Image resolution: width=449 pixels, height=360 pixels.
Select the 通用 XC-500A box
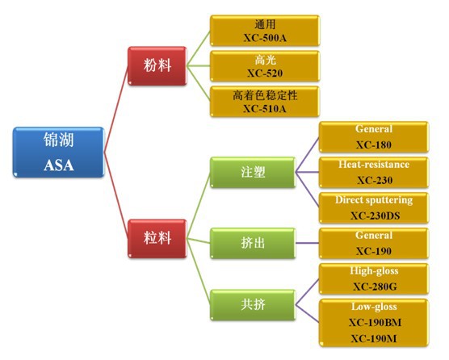tap(264, 31)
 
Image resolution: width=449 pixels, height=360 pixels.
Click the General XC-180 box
tap(373, 136)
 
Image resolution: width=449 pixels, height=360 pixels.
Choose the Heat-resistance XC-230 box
tap(373, 172)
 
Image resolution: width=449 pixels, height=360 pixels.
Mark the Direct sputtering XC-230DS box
tap(373, 207)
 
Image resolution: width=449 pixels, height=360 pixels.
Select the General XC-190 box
tap(373, 243)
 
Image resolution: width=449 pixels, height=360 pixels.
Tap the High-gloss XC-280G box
tap(373, 278)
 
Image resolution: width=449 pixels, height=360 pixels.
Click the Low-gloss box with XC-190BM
tap(373, 322)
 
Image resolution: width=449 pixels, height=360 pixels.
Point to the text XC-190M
tap(373, 337)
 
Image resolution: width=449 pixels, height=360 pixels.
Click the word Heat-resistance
tap(373, 165)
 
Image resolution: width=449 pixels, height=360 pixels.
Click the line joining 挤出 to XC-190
tap(304, 241)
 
